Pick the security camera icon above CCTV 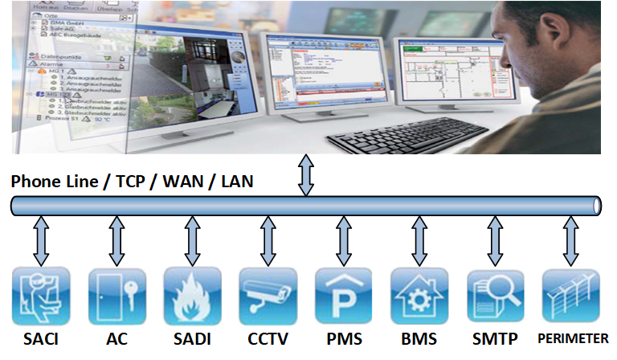point(268,296)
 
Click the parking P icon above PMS point(344,296)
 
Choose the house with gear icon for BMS point(419,296)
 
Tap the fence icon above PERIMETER point(571,296)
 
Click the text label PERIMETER point(573,339)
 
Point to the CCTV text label point(268,339)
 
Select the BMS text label point(419,339)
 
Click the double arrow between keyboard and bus point(305,175)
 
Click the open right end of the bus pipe point(596,206)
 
